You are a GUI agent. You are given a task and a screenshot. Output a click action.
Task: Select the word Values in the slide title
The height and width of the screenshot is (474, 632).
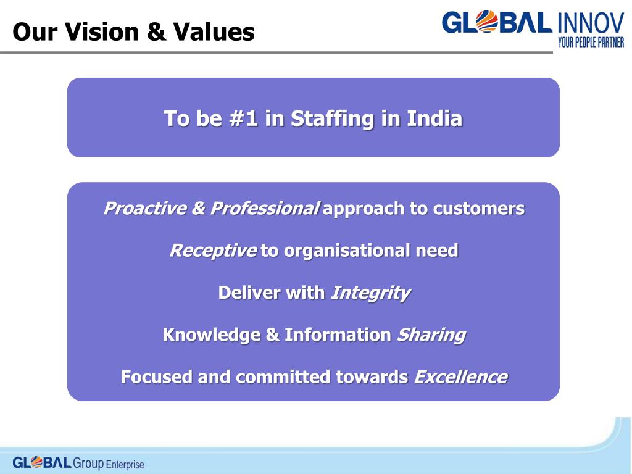pos(214,32)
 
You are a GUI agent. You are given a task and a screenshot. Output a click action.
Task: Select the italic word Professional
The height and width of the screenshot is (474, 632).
pos(264,209)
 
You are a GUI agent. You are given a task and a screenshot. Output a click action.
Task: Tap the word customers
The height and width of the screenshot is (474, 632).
pos(478,209)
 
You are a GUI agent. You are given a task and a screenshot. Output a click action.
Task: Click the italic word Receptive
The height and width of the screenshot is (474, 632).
pos(212,251)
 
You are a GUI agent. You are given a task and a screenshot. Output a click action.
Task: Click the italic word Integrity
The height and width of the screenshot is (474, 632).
pos(370,293)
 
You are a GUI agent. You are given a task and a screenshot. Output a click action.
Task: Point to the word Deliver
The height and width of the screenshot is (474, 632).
pos(249,293)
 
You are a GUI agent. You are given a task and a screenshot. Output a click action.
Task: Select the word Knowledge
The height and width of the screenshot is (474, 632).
pos(211,335)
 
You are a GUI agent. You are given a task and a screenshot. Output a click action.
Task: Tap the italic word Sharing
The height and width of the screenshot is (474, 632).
pos(431,335)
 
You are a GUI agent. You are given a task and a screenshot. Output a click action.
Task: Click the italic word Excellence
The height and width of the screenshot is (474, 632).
pos(460,376)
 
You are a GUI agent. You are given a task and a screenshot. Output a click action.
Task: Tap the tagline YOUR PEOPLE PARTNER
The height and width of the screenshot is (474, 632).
pos(591,42)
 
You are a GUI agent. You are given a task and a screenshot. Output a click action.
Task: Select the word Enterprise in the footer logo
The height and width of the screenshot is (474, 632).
pos(125,464)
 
